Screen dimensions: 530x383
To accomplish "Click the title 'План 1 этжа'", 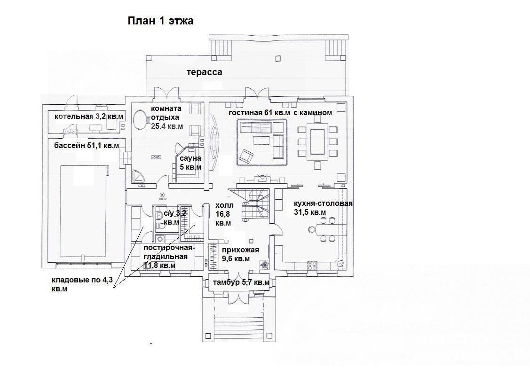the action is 160,21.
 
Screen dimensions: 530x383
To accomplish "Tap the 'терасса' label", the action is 205,72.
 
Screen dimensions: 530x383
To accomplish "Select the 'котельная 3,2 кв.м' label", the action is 88,117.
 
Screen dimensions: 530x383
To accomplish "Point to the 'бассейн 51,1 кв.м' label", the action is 87,146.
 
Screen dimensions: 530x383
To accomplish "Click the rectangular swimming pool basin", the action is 84,211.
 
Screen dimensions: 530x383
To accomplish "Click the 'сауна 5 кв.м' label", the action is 190,163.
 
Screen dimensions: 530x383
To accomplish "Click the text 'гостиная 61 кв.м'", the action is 259,113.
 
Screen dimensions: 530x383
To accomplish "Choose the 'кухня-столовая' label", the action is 323,203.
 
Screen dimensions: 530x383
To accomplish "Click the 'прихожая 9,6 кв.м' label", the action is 240,254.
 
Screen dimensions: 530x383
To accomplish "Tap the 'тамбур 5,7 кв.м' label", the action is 241,282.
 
